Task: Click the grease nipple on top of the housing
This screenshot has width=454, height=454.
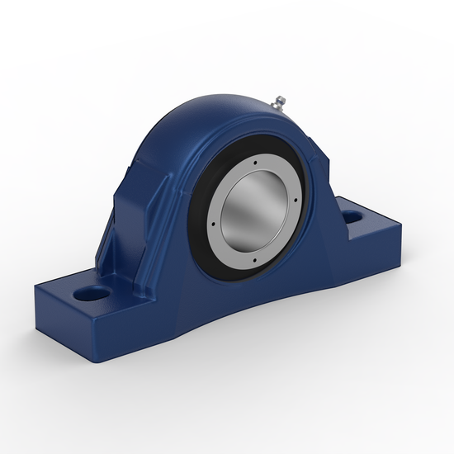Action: click(277, 102)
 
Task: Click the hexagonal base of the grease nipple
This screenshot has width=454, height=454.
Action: click(272, 105)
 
